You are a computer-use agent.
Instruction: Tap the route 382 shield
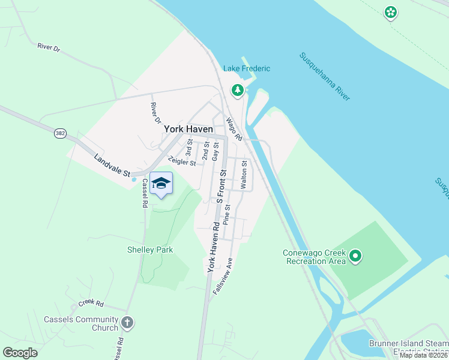click(x=59, y=133)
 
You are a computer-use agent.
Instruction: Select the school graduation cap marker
click(x=161, y=182)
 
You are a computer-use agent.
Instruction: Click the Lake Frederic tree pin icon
click(x=238, y=91)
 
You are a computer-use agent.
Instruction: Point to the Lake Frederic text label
click(x=247, y=68)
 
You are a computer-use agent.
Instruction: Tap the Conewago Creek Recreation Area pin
click(x=355, y=257)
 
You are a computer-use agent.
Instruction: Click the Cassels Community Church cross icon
click(x=127, y=323)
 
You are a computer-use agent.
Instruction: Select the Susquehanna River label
click(x=325, y=76)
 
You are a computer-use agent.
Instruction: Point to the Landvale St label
click(x=112, y=166)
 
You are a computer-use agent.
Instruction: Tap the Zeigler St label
click(x=182, y=161)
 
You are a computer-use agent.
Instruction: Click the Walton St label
click(x=244, y=175)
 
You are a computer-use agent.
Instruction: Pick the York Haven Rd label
click(x=213, y=247)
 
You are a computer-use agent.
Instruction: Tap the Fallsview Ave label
click(x=222, y=275)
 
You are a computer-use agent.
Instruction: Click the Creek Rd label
click(x=91, y=304)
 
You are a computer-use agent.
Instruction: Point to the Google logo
click(x=20, y=353)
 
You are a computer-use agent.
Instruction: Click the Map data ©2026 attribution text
click(x=424, y=355)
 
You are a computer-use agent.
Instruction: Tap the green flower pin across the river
click(x=391, y=12)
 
